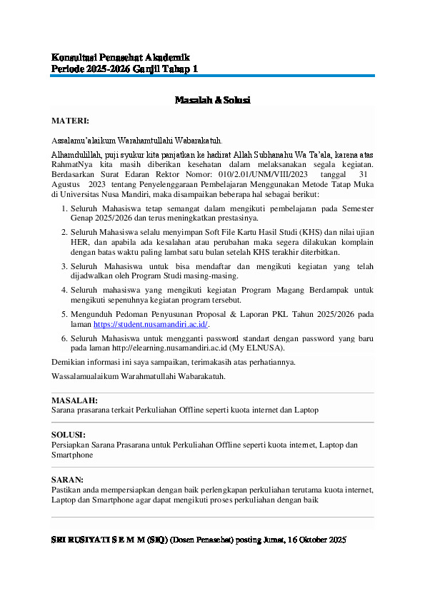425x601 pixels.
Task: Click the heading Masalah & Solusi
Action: click(x=212, y=101)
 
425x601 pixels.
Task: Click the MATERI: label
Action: click(x=70, y=121)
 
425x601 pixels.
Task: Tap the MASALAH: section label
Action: click(x=75, y=401)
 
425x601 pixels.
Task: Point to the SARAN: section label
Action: click(x=67, y=480)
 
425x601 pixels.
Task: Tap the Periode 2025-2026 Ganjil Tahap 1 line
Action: click(x=125, y=69)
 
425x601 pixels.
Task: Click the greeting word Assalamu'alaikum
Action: click(x=84, y=141)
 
